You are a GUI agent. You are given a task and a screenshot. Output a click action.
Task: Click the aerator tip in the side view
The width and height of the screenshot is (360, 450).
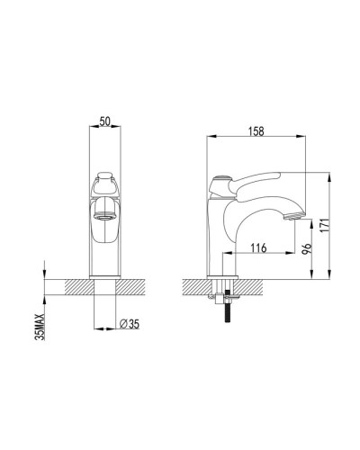tap(293, 218)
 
